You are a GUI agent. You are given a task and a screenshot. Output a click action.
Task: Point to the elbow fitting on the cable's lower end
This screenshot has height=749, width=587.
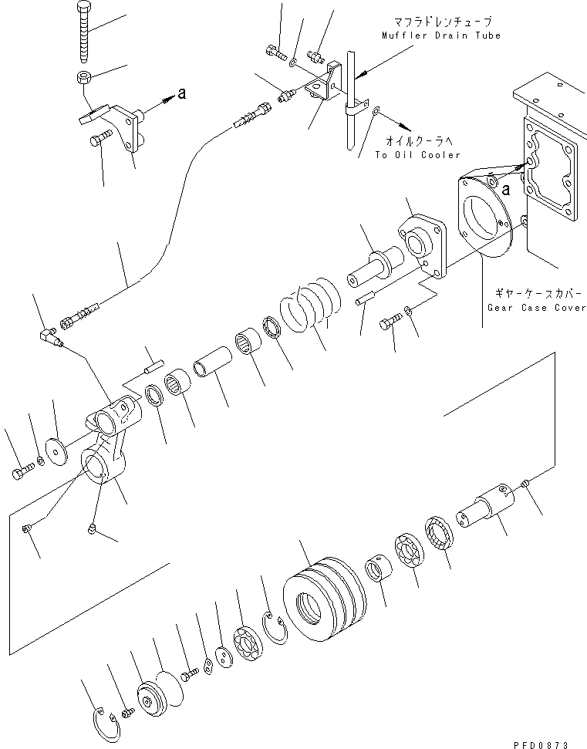click(x=51, y=336)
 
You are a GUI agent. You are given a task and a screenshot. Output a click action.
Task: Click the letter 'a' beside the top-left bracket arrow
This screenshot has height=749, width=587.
click(x=181, y=93)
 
